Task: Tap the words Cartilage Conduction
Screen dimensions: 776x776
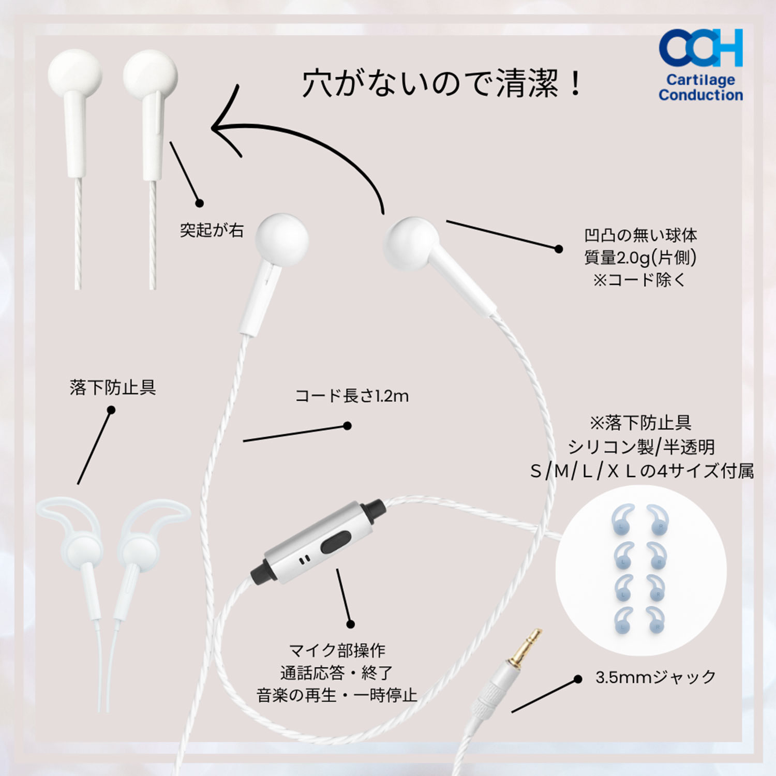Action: (700, 87)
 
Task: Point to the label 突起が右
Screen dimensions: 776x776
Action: (212, 230)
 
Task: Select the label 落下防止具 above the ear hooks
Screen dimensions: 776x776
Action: (113, 387)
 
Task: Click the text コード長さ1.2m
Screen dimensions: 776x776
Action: (352, 396)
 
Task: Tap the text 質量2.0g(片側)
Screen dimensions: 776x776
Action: (640, 257)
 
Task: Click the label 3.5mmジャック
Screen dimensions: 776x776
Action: (655, 677)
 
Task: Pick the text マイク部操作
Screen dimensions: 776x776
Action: (337, 650)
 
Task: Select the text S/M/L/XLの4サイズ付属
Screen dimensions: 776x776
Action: (641, 471)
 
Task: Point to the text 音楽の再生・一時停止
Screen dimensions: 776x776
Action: (337, 695)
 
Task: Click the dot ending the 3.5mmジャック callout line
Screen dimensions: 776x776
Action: (578, 679)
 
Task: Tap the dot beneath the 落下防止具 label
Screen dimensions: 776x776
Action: (111, 410)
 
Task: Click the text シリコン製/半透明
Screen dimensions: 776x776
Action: (641, 447)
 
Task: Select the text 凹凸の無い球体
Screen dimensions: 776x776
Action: (640, 235)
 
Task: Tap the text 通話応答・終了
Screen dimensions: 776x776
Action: (337, 673)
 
